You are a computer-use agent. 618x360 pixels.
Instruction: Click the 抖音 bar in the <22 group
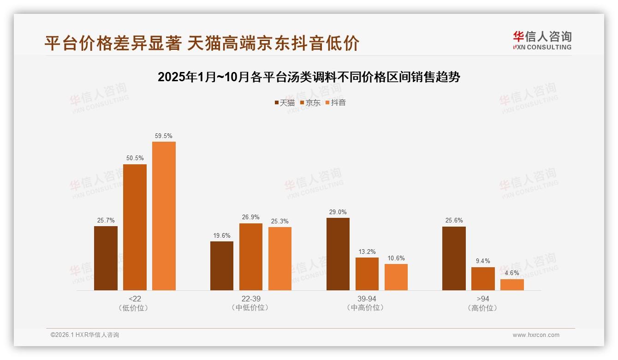pyautogui.click(x=164, y=216)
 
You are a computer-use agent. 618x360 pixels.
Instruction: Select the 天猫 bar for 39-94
pyautogui.click(x=338, y=254)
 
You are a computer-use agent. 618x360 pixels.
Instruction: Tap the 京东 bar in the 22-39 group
pyautogui.click(x=250, y=257)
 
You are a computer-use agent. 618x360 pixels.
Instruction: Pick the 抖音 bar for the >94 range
pyautogui.click(x=512, y=285)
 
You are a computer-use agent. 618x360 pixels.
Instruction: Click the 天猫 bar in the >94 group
pyautogui.click(x=454, y=258)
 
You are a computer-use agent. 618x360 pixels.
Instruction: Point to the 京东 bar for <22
pyautogui.click(x=135, y=227)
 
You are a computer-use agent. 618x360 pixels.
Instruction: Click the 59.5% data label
pyautogui.click(x=164, y=136)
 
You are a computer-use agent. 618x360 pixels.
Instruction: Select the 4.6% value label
pyautogui.click(x=512, y=273)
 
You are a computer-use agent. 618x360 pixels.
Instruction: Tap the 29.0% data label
pyautogui.click(x=338, y=212)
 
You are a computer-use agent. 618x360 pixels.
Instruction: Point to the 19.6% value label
pyautogui.click(x=222, y=235)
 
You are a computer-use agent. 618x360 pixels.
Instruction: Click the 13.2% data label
pyautogui.click(x=367, y=252)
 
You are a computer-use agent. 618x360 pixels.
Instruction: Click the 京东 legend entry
pyautogui.click(x=310, y=102)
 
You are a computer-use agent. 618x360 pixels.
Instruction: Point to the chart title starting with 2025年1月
pyautogui.click(x=309, y=77)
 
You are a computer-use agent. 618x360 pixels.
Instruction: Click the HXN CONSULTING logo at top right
pyautogui.click(x=542, y=41)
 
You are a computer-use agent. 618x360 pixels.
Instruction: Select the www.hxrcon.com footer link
pyautogui.click(x=536, y=335)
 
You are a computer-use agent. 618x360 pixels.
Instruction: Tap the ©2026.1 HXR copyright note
pyautogui.click(x=85, y=335)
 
